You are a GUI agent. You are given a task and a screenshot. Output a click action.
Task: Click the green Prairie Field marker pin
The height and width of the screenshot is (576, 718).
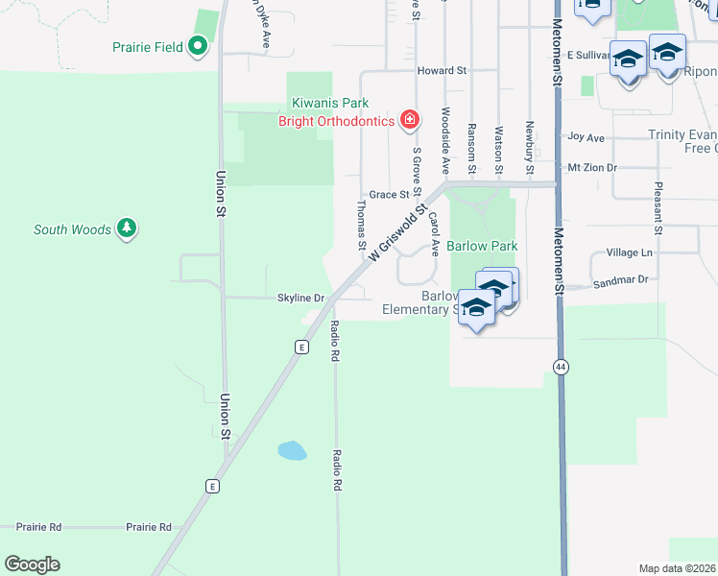[198, 45]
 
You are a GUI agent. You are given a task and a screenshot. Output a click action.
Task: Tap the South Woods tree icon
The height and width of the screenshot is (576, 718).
[126, 228]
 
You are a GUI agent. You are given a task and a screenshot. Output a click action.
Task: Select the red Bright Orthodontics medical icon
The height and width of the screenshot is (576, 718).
[410, 120]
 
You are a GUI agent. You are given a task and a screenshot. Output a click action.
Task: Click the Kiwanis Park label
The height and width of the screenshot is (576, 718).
[331, 104]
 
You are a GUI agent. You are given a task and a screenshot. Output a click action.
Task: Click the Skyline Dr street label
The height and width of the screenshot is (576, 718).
[301, 298]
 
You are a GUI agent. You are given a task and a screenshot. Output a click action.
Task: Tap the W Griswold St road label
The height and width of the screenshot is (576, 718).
[395, 229]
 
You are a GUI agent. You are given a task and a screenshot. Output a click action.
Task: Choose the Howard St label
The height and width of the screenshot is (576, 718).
[441, 70]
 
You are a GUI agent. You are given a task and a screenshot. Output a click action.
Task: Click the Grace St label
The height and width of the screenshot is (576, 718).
[390, 194]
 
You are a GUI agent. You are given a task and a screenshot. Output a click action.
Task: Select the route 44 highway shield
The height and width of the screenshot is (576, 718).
[560, 366]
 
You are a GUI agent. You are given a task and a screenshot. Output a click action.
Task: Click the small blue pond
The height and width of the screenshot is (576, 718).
[292, 450]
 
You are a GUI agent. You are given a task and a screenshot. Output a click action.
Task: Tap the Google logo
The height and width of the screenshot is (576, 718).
[32, 564]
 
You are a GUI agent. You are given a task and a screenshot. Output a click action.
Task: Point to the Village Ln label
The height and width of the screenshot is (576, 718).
[629, 252]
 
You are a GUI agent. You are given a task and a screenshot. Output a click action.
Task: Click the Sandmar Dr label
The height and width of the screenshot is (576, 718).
[621, 279]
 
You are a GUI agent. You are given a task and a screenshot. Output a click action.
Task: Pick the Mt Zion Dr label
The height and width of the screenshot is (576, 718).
[591, 167]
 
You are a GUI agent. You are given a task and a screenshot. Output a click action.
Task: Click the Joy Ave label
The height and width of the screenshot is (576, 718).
[586, 137]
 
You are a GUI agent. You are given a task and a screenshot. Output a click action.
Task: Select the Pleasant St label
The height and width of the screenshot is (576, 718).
[658, 208]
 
